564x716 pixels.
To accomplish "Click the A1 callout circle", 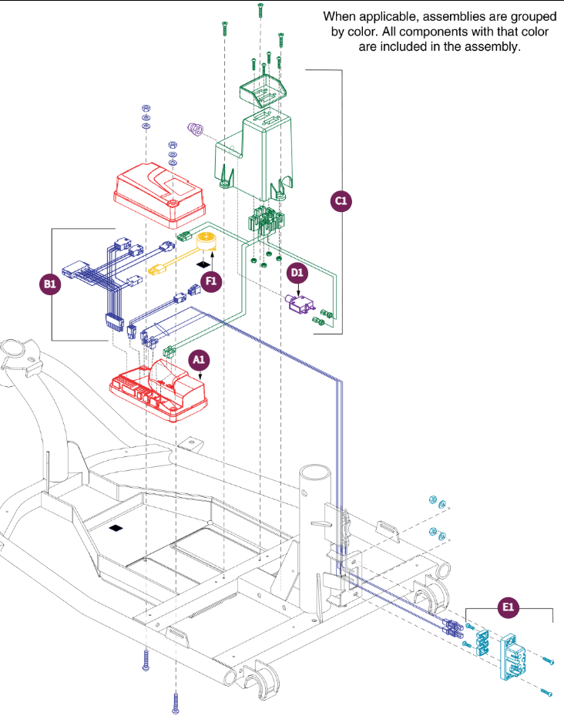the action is click(199, 360).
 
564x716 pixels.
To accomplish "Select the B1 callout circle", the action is click(50, 284).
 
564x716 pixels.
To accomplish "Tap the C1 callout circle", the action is click(341, 201).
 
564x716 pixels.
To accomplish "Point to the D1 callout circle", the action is click(297, 273).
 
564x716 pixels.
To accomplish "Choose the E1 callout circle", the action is click(508, 607).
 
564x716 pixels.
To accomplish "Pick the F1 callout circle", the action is click(211, 281).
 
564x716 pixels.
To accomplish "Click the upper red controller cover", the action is click(159, 195).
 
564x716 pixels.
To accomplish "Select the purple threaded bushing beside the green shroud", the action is click(196, 128).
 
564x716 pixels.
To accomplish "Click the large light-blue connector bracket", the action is click(513, 654).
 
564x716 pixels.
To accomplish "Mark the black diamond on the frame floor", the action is click(116, 528).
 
